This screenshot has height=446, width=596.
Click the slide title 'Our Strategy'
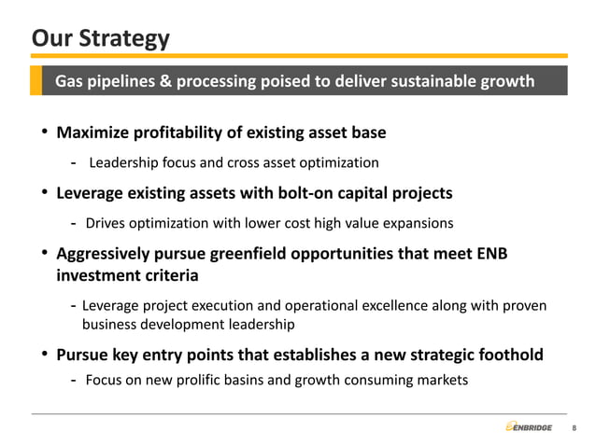101,38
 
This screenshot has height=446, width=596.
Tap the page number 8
574,428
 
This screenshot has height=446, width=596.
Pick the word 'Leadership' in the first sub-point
125,163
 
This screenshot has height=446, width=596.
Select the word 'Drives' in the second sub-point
106,224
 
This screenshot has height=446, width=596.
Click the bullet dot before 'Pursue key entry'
44,355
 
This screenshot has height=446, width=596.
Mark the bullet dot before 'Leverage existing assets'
44,194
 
